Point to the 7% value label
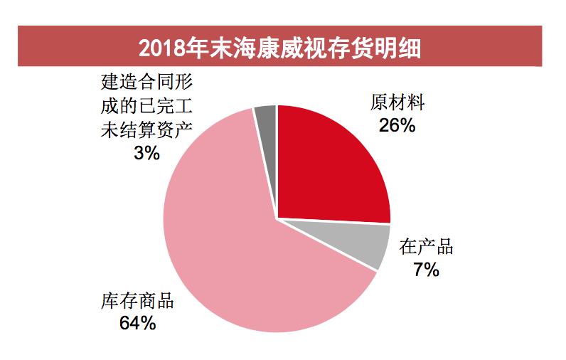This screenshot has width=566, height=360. pyautogui.click(x=426, y=270)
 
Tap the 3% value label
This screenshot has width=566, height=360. pyautogui.click(x=146, y=152)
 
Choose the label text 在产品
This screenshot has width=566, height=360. pyautogui.click(x=426, y=248)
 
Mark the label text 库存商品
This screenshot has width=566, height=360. pyautogui.click(x=137, y=301)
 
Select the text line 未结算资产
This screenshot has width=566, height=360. pyautogui.click(x=146, y=130)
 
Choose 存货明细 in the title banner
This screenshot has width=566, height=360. pyautogui.click(x=377, y=48)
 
